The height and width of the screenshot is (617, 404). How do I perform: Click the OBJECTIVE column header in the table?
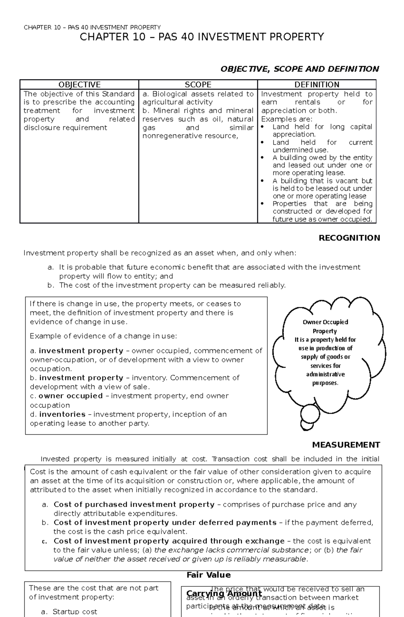click(79, 84)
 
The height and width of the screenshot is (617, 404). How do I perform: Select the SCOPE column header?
click(198, 84)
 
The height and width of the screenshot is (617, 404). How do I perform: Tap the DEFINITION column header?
click(317, 84)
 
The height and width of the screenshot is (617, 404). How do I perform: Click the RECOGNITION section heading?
click(349, 238)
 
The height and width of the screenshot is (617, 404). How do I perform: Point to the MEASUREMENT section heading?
click(346, 445)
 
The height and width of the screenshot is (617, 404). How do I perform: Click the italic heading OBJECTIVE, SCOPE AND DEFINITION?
click(299, 69)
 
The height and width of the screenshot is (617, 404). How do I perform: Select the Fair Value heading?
click(208, 575)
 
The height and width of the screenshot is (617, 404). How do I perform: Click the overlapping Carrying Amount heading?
click(224, 593)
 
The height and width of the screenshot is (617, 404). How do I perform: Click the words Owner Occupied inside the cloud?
click(325, 322)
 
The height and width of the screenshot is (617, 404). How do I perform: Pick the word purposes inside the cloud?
click(325, 383)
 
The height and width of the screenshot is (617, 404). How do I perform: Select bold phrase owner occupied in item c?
click(71, 396)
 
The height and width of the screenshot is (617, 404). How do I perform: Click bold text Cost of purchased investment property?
click(134, 504)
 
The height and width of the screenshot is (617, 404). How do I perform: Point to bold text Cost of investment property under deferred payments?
click(165, 523)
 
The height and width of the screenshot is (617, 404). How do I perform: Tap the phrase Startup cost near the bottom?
click(75, 612)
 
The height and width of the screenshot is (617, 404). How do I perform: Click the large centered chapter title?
click(202, 37)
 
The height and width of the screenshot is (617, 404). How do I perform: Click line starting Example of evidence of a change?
click(103, 336)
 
